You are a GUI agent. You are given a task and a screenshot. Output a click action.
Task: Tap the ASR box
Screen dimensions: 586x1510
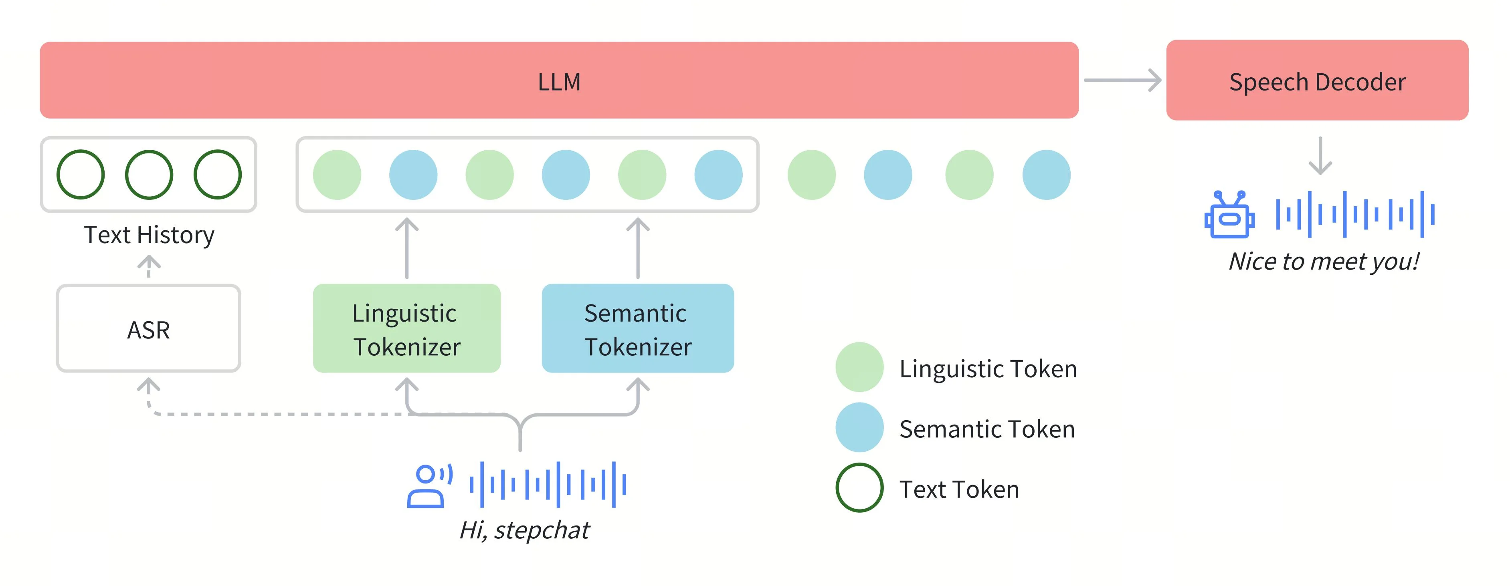tap(148, 329)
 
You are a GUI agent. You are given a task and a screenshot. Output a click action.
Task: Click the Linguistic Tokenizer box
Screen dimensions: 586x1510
tap(406, 329)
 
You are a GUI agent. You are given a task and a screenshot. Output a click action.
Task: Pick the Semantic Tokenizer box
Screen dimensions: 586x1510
tap(637, 329)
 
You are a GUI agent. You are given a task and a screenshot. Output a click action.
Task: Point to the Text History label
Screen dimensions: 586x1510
tap(149, 235)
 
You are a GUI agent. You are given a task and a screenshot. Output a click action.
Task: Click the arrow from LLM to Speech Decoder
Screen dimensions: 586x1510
tap(1122, 80)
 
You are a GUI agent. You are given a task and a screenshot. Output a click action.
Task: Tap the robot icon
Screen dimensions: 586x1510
tap(1229, 214)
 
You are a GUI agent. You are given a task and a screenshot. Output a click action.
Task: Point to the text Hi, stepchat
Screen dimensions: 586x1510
tap(524, 530)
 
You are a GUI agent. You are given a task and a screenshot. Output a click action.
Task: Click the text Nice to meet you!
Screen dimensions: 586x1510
tap(1324, 261)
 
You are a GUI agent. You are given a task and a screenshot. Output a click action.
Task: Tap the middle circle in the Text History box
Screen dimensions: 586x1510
tap(149, 175)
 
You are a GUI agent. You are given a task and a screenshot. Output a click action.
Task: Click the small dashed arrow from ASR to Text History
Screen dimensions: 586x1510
tap(149, 266)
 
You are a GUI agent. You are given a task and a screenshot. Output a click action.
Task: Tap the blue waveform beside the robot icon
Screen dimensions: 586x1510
tap(1354, 214)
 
